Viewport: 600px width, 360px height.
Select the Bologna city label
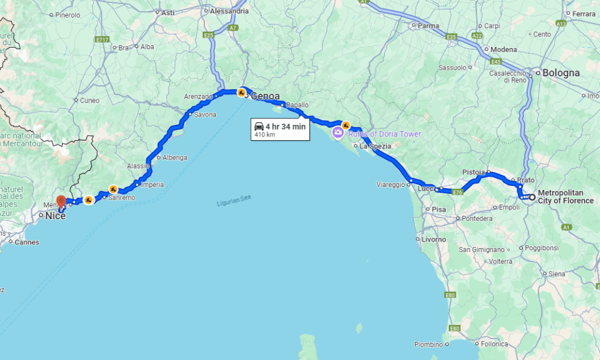(x=561, y=73)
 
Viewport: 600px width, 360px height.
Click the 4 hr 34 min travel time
(x=285, y=126)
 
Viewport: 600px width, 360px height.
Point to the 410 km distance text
(x=265, y=135)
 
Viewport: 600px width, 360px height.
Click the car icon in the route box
(x=258, y=127)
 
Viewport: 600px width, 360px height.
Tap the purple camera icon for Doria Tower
(x=337, y=133)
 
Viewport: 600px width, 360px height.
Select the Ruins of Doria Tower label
(x=384, y=134)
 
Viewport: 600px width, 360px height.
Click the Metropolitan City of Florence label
(x=565, y=197)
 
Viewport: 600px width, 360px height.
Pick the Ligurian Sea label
(x=234, y=201)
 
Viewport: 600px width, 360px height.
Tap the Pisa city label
(x=439, y=209)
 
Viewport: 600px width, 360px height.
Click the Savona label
(x=205, y=115)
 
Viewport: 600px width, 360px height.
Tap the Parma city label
(x=428, y=26)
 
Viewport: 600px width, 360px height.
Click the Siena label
(x=557, y=274)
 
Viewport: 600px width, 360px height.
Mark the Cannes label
(x=28, y=242)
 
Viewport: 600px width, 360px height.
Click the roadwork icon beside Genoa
(x=241, y=92)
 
